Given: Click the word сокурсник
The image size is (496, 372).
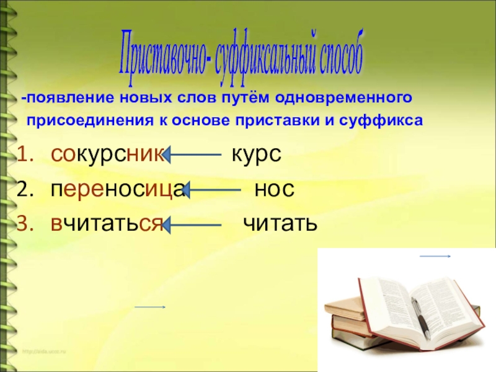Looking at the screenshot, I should click(107, 155).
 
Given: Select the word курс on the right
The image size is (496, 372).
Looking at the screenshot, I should click(256, 155).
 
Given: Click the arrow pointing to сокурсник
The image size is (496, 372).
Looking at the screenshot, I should click(193, 156).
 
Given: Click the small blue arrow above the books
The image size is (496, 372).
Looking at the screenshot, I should click(435, 256).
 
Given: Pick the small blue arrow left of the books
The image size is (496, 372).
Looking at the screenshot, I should click(150, 307).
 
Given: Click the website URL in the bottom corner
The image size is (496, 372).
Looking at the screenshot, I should click(46, 352).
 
